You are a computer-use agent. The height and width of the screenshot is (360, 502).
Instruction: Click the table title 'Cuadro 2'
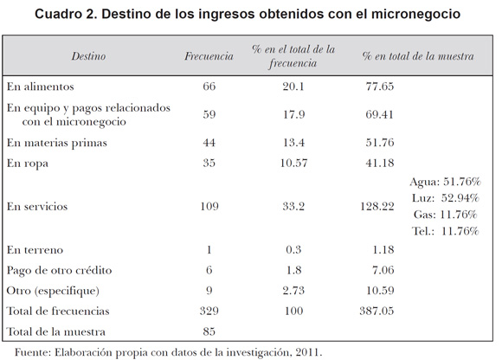tap(66, 14)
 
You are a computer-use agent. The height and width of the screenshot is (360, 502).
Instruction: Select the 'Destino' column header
tap(88, 56)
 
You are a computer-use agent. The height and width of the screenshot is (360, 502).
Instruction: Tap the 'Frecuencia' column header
tap(209, 56)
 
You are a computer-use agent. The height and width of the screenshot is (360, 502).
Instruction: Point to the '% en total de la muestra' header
tap(418, 56)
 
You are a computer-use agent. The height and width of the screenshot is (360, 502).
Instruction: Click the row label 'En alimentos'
tap(41, 87)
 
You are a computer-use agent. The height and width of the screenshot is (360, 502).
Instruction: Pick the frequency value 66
tap(209, 87)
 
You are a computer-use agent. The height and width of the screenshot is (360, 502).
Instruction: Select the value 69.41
tap(379, 114)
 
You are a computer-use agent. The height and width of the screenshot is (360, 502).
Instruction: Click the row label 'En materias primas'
tap(57, 143)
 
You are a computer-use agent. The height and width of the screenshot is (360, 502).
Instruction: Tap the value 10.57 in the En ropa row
tap(293, 164)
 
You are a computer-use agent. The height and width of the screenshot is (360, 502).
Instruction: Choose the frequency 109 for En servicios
tap(209, 207)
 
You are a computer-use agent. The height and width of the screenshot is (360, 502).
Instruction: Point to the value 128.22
tap(377, 207)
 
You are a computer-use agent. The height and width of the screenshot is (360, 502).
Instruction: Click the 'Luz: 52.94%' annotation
tap(446, 198)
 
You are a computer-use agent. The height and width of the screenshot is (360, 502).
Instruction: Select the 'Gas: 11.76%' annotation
tap(446, 215)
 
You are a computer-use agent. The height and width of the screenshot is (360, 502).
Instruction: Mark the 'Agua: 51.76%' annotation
tap(446, 182)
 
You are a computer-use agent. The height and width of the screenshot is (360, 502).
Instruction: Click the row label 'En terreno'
tap(35, 250)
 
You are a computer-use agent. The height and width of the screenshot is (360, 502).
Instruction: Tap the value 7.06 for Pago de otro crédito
tap(383, 270)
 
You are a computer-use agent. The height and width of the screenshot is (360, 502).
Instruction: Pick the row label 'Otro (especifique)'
tap(53, 291)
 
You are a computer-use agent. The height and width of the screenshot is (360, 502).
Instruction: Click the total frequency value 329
tap(209, 311)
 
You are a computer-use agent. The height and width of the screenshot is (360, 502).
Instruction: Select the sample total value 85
tap(209, 331)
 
